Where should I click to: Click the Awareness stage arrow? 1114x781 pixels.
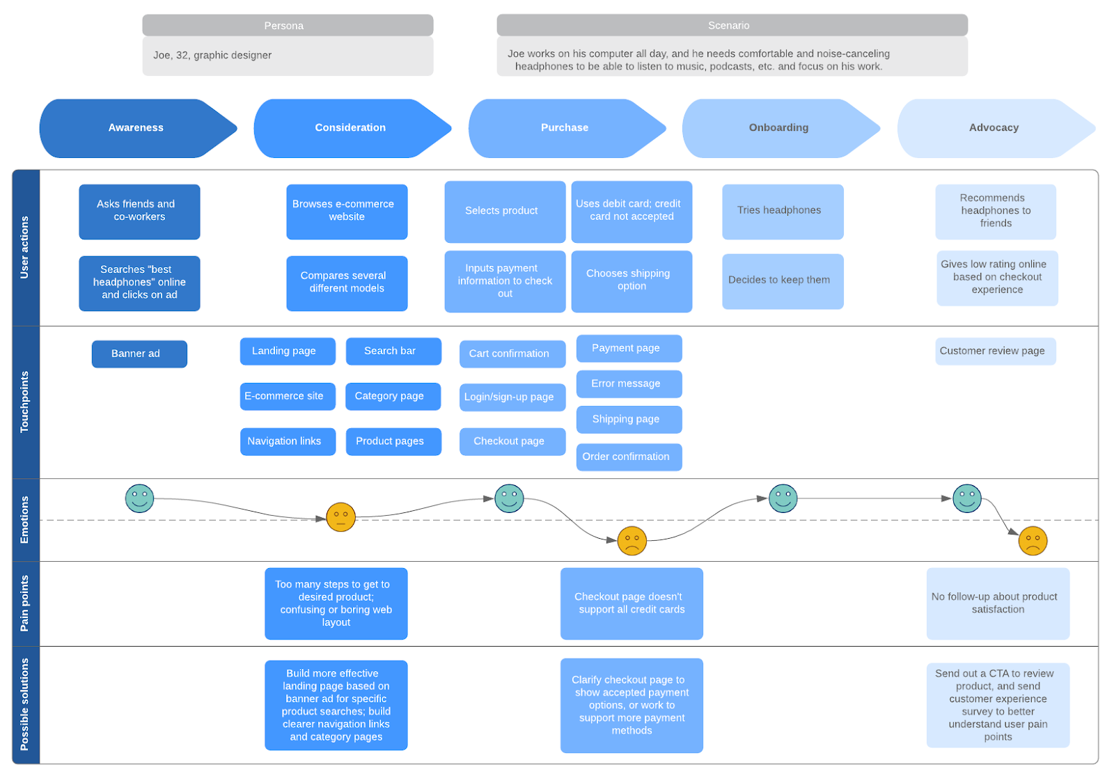coord(136,128)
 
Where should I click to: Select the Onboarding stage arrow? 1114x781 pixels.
coord(778,128)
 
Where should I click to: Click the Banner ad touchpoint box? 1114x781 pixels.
coord(139,354)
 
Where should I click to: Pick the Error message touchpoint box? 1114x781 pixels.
coord(629,384)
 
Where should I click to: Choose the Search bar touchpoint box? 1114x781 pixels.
coord(393,351)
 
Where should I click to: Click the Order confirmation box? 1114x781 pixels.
coord(629,457)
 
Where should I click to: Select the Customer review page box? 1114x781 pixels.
coord(995,351)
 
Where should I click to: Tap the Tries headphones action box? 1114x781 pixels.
coord(783,211)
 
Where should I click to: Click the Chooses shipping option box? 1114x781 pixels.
coord(631,281)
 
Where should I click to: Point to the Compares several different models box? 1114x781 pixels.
coord(347,283)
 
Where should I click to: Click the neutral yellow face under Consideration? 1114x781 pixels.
coord(340,517)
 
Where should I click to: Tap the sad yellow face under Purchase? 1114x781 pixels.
coord(631,541)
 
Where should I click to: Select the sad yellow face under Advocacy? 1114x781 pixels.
coord(1033,541)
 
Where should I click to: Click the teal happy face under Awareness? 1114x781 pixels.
coord(139,498)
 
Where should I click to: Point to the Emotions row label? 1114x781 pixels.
coord(26,519)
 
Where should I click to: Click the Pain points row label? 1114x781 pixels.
coord(26,603)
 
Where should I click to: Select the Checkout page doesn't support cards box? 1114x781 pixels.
coord(631,603)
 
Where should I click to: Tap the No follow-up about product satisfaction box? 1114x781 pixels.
coord(997,603)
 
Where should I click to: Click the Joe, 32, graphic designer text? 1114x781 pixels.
coord(212,56)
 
